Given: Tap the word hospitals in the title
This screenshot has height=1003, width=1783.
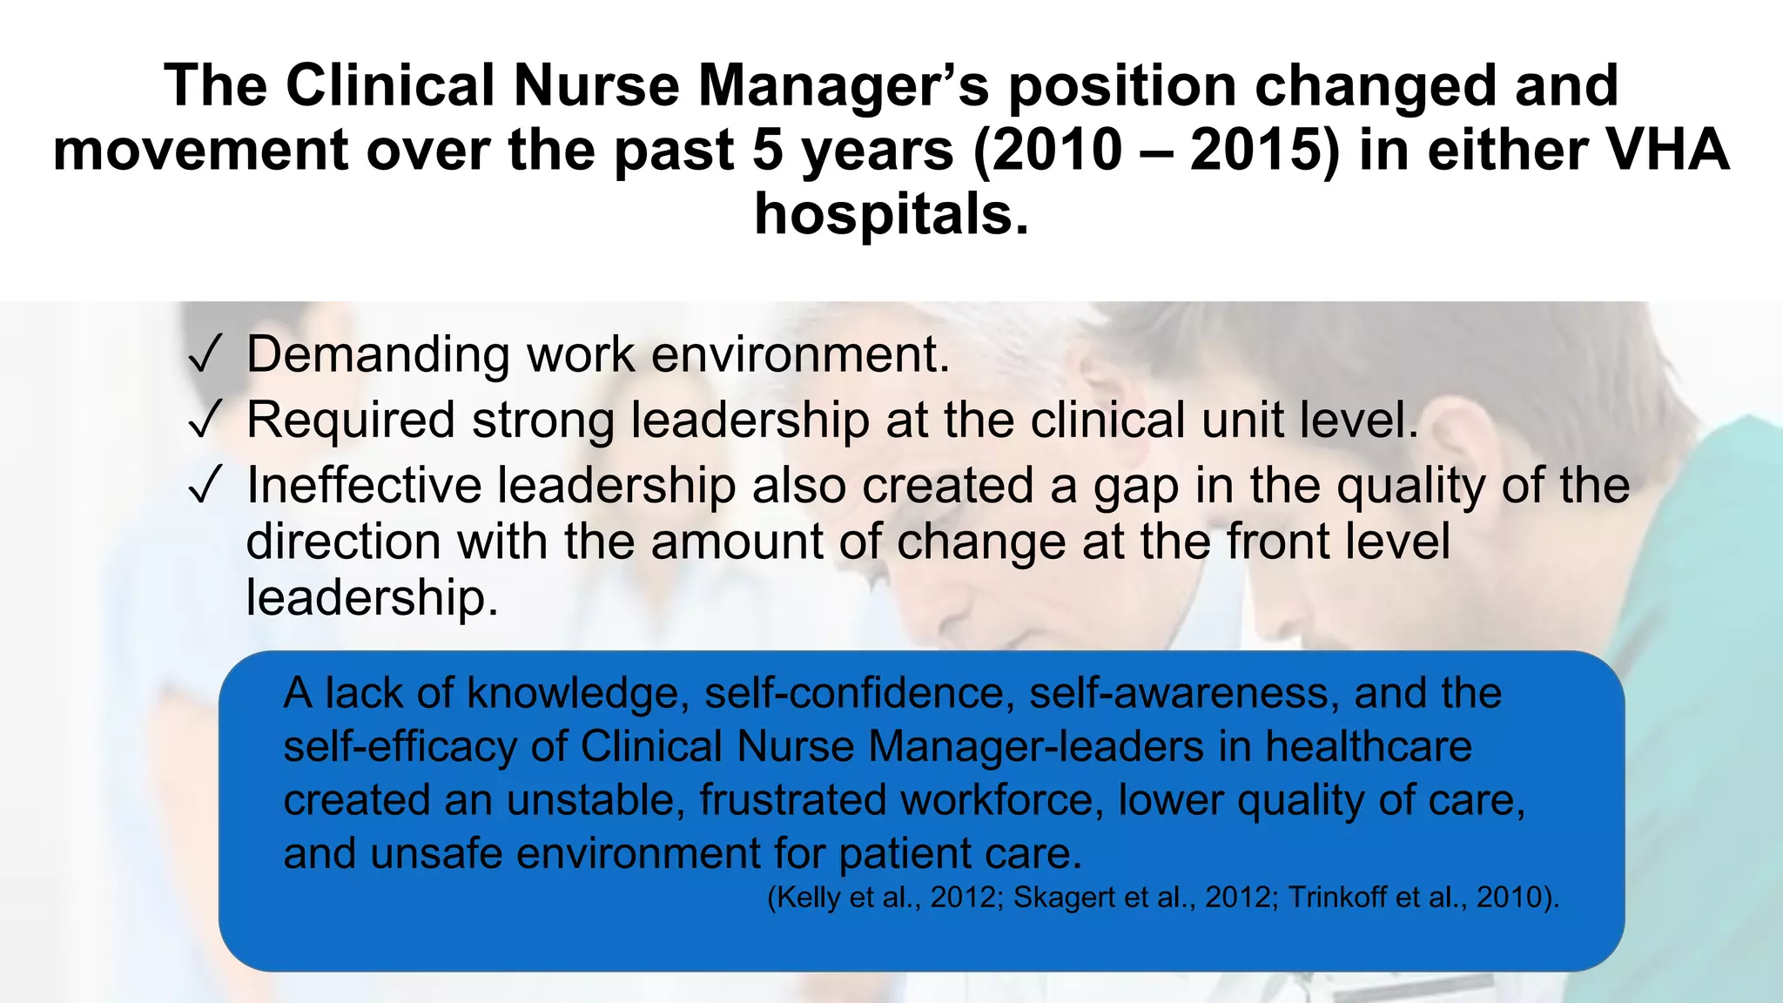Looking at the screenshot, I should (x=891, y=213).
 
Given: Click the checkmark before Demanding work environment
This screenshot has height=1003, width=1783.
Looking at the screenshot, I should (x=204, y=356).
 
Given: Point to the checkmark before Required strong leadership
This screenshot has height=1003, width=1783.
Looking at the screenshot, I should (x=204, y=421).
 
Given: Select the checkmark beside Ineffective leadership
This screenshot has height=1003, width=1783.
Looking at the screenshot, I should (x=204, y=487).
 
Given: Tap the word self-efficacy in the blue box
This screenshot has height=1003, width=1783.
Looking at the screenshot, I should (x=400, y=747).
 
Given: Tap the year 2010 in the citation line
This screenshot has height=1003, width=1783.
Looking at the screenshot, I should (x=1506, y=898).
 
